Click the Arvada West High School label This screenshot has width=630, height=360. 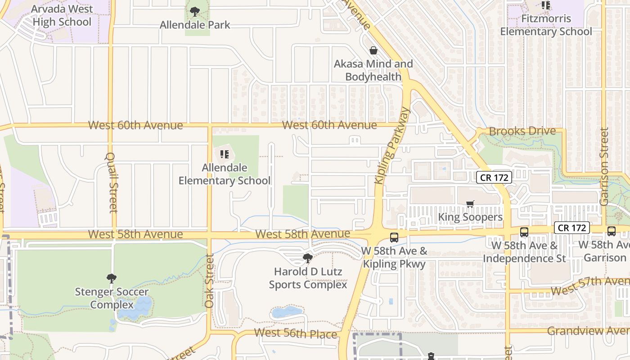click(62, 15)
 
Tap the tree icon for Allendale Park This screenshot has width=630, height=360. click(195, 11)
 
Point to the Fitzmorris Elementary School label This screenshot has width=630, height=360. click(546, 25)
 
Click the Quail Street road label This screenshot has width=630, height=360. click(112, 182)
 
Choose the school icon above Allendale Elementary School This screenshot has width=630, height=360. click(225, 155)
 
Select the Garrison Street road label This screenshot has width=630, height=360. click(604, 166)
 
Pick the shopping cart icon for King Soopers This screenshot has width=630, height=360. click(470, 204)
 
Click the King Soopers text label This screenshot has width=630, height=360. click(470, 217)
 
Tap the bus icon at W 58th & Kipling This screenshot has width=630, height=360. click(394, 237)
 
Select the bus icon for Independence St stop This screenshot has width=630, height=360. click(524, 232)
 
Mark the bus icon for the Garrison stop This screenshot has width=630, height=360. click(612, 231)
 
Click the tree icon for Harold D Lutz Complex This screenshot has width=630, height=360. click(308, 258)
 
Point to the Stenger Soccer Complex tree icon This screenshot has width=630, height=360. click(112, 279)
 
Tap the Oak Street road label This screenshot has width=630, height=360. click(209, 281)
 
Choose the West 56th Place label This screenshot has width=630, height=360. click(295, 333)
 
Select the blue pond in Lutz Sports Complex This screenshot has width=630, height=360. click(286, 311)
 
